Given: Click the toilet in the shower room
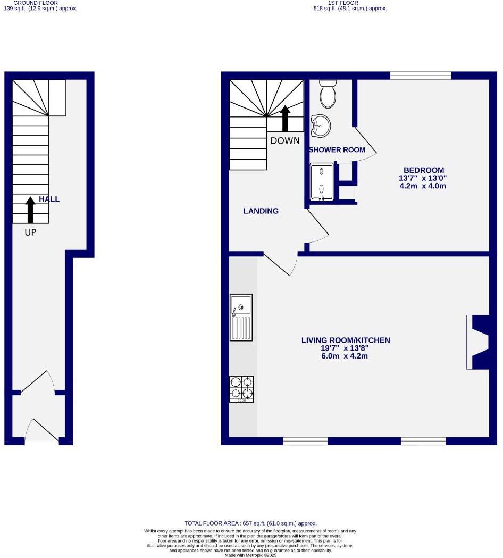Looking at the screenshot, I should [328, 94].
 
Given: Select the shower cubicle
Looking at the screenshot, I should [322, 182].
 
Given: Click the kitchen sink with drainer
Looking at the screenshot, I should [241, 317].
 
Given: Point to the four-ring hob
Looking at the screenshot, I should [241, 389].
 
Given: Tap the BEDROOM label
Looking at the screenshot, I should [423, 170].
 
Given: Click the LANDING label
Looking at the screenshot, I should [261, 211].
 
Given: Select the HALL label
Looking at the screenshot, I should [49, 199].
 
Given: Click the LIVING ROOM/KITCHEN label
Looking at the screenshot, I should [346, 340].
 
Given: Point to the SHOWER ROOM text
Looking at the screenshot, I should [337, 150].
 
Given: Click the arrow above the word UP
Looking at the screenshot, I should [30, 210].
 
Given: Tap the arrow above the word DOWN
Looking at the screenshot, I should [284, 118].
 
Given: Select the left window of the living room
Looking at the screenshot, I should [305, 440].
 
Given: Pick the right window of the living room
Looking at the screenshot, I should [423, 440].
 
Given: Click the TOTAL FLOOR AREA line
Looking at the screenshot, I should [250, 523].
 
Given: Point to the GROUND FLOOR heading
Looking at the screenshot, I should [35, 3].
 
